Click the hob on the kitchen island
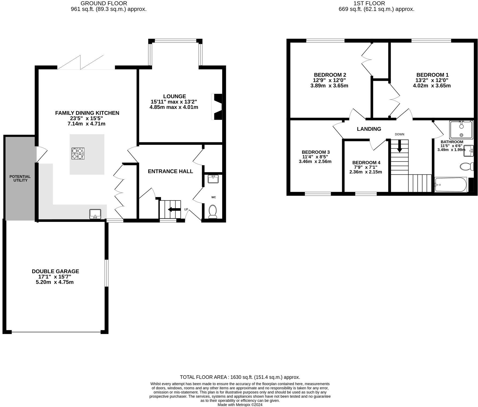tap(78, 154)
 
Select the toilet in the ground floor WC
tap(213, 211)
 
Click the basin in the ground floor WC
tap(213, 179)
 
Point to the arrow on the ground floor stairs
tap(174, 209)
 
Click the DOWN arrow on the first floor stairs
tap(399, 147)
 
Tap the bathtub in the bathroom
tap(451, 184)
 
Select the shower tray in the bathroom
tap(461, 130)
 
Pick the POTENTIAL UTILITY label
tap(20, 178)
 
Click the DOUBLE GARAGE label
tap(55, 271)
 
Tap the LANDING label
tap(369, 129)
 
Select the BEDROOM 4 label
tap(366, 162)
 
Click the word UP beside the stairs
tap(186, 209)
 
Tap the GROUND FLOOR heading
tap(104, 3)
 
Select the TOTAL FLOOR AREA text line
tap(240, 377)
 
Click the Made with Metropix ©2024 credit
tap(240, 405)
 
